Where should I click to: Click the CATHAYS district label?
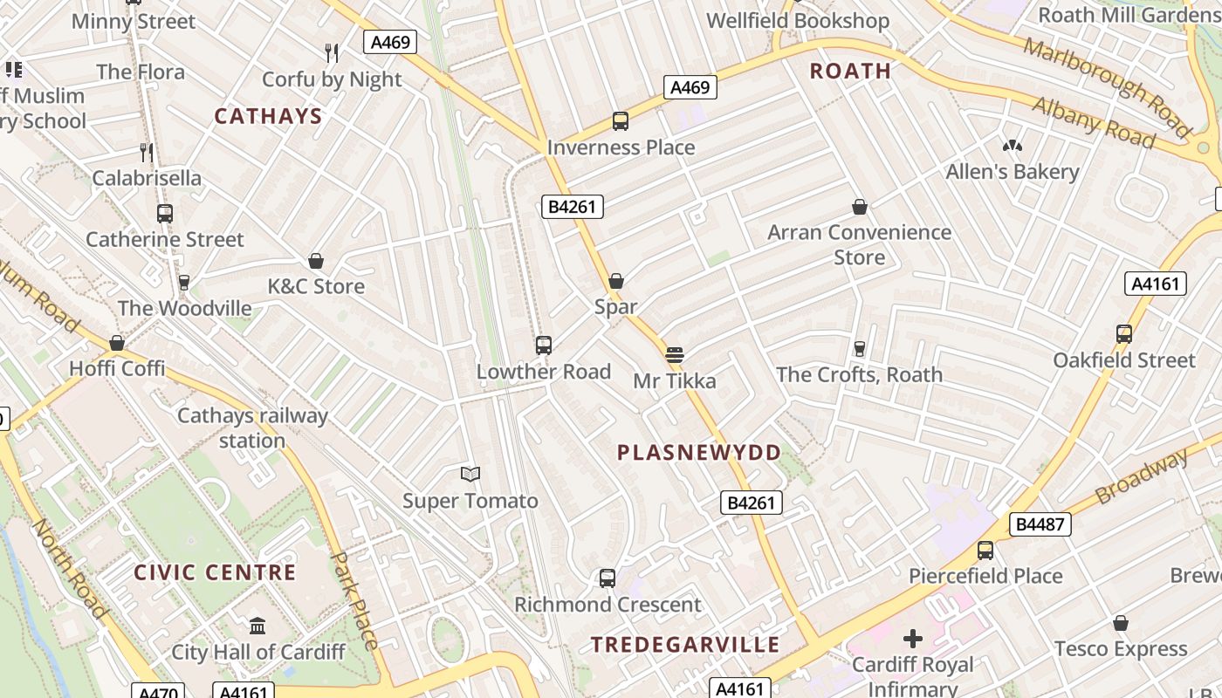pyautogui.click(x=268, y=116)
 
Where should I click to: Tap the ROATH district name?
pyautogui.click(x=850, y=71)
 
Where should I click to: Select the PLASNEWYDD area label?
pyautogui.click(x=699, y=452)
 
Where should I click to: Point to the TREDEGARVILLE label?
pyautogui.click(x=685, y=645)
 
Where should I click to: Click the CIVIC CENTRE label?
pyautogui.click(x=215, y=572)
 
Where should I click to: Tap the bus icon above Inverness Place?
pyautogui.click(x=621, y=121)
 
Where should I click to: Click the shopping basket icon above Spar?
pyautogui.click(x=616, y=281)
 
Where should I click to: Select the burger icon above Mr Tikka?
pyautogui.click(x=674, y=355)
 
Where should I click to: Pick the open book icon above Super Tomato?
pyautogui.click(x=470, y=475)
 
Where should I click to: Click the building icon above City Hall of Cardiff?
pyautogui.click(x=257, y=626)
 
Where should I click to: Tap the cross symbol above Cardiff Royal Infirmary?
pyautogui.click(x=913, y=639)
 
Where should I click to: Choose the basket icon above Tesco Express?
pyautogui.click(x=1121, y=623)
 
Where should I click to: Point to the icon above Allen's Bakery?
pyautogui.click(x=1013, y=146)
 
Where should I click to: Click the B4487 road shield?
pyautogui.click(x=1040, y=524)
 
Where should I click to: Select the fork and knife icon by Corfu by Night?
pyautogui.click(x=332, y=53)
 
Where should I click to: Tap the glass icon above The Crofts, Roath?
pyautogui.click(x=860, y=348)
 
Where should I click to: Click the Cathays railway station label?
pyautogui.click(x=252, y=428)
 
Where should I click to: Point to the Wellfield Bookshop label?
pyautogui.click(x=798, y=20)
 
